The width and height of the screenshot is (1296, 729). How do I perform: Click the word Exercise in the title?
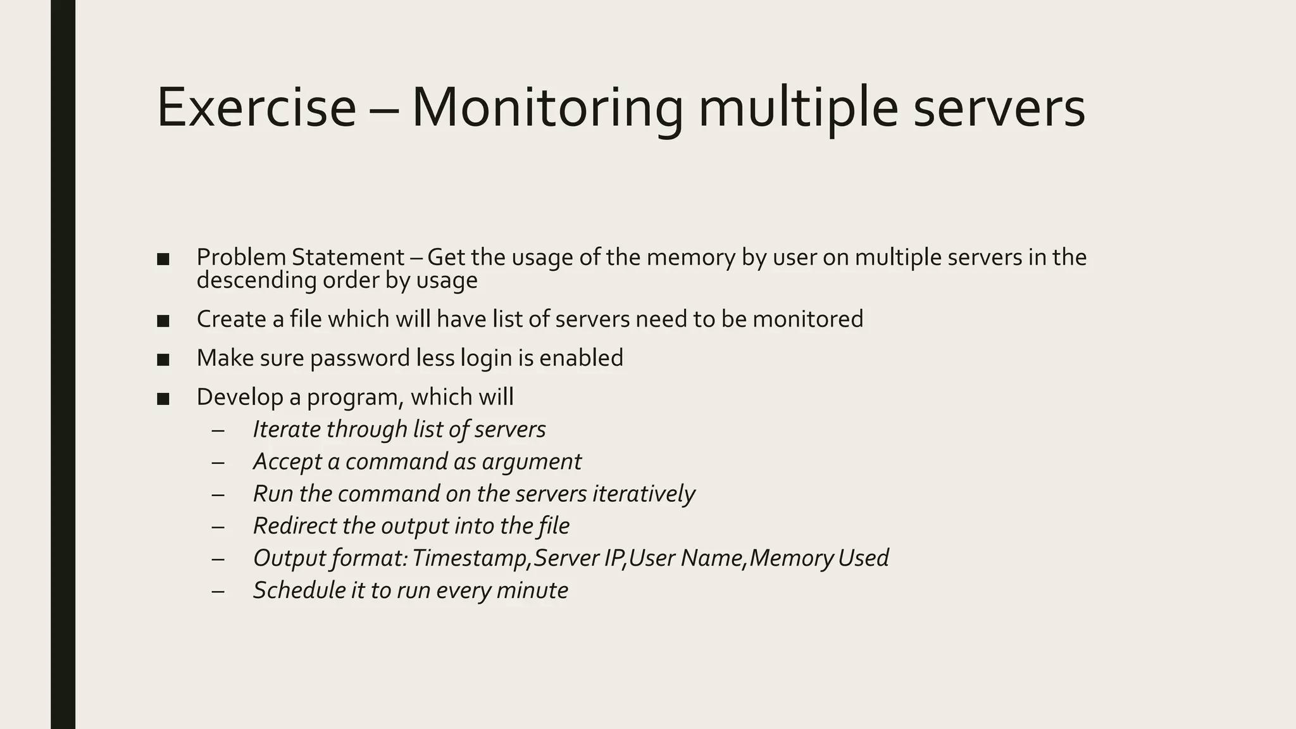[x=256, y=108]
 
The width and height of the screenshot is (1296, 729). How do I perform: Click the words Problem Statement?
[x=300, y=258]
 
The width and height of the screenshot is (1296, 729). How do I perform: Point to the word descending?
[x=256, y=280]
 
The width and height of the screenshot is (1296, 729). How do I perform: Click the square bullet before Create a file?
[x=163, y=320]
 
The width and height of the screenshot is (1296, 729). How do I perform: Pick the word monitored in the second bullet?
[x=807, y=319]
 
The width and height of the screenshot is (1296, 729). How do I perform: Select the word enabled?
[x=581, y=358]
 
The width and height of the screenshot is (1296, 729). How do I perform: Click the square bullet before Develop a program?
[x=163, y=399]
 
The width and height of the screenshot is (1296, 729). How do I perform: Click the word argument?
[x=531, y=462]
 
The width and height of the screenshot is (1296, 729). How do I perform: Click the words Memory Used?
[x=819, y=558]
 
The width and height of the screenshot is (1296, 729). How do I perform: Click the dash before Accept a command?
[x=218, y=463]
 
